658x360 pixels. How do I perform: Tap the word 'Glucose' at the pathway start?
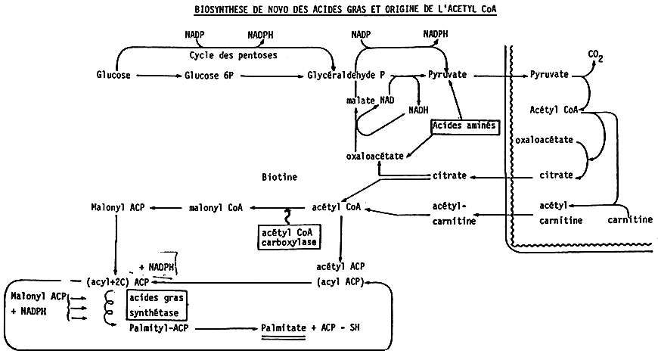pos(114,76)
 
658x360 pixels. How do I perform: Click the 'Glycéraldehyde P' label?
pos(346,76)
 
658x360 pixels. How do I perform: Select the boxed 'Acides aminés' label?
pos(464,126)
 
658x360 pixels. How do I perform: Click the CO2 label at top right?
pos(597,55)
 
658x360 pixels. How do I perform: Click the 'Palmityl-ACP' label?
pos(158,327)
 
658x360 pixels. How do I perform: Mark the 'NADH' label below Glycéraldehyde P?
pos(418,110)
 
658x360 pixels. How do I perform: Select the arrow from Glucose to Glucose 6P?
pos(155,76)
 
